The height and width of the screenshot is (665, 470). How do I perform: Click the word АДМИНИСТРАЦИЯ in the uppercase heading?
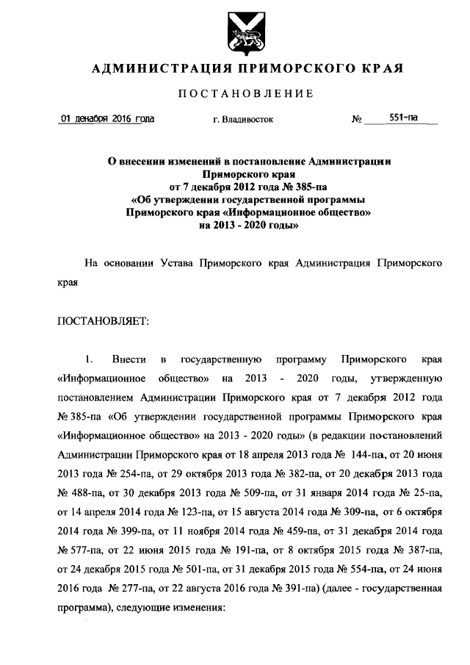tap(150, 69)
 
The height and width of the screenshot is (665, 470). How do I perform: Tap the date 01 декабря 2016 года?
tap(106, 118)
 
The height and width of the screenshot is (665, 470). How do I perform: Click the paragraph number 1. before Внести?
tap(89, 359)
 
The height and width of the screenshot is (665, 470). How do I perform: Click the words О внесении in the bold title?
tap(136, 160)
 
